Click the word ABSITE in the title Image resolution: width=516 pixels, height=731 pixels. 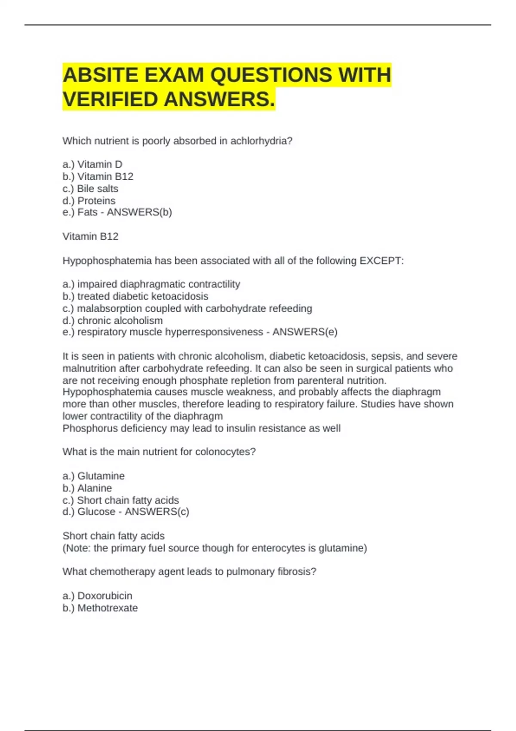coord(101,75)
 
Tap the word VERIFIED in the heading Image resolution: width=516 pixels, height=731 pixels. coord(110,99)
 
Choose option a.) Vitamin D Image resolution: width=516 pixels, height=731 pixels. coord(92,164)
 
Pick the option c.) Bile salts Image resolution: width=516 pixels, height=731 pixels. coord(90,188)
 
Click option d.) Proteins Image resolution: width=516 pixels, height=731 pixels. coord(89,201)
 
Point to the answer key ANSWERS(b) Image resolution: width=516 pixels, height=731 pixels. coord(139,212)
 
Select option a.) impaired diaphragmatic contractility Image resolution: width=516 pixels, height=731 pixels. coord(151,284)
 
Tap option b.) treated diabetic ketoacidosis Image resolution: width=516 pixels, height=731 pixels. coord(135,296)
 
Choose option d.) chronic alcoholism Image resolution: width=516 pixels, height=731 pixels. coord(113,320)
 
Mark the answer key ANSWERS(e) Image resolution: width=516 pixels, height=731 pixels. coord(305,332)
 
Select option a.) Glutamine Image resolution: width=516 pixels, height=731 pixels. coord(94,476)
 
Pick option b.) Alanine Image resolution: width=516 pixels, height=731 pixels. coord(87,488)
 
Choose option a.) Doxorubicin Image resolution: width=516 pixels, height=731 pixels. coord(98,596)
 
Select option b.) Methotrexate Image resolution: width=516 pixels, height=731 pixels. coord(100,608)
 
